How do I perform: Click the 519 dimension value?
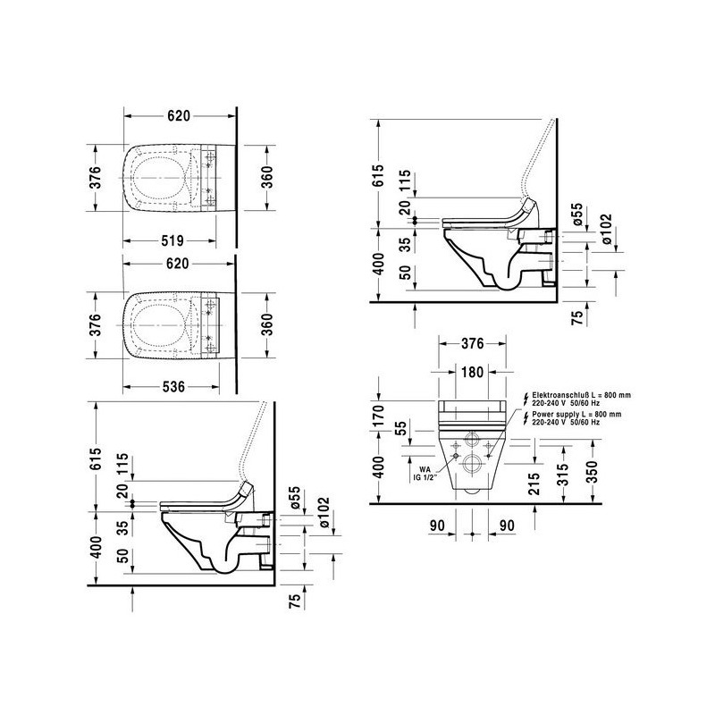pyautogui.click(x=172, y=240)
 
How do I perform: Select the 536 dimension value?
pyautogui.click(x=173, y=387)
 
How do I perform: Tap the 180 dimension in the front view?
pyautogui.click(x=472, y=372)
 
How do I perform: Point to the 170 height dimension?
pyautogui.click(x=378, y=416)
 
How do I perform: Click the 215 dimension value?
pyautogui.click(x=534, y=484)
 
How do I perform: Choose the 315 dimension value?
pyautogui.click(x=563, y=475)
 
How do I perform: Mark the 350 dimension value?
pyautogui.click(x=591, y=473)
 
